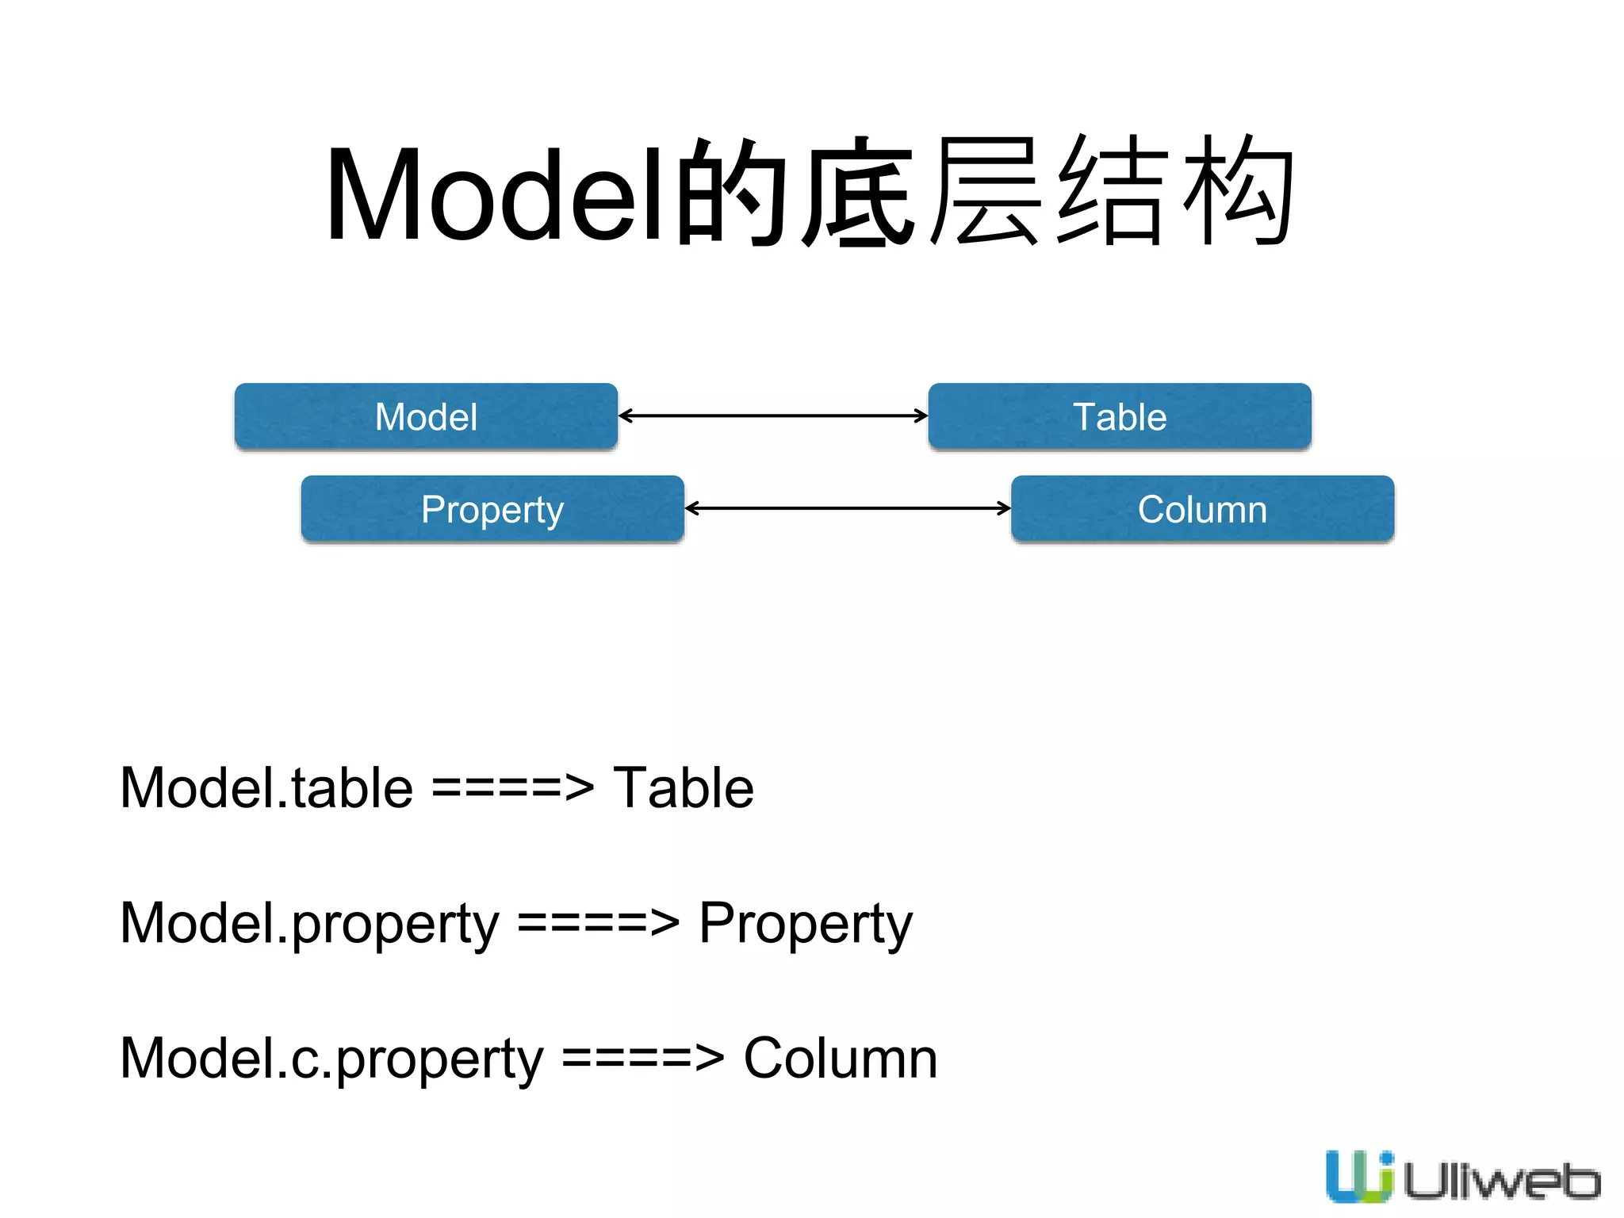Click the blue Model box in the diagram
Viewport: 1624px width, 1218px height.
[x=426, y=416]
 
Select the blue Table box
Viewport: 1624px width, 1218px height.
[x=1120, y=416]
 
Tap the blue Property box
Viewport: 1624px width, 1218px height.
[x=492, y=509]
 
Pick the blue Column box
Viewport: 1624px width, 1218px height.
[x=1202, y=509]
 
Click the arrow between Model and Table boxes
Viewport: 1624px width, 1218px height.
[x=773, y=416]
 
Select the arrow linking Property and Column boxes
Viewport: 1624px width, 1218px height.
[x=847, y=508]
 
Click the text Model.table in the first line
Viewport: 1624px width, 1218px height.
[x=266, y=788]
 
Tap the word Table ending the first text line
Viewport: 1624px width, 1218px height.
[x=684, y=788]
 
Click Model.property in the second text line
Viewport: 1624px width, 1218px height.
[x=309, y=924]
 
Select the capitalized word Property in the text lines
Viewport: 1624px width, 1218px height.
[x=806, y=924]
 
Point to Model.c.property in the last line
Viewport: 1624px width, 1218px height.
[x=331, y=1059]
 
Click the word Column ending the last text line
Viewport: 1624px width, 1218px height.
[x=841, y=1059]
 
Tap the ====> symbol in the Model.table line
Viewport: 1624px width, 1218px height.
[x=512, y=788]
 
